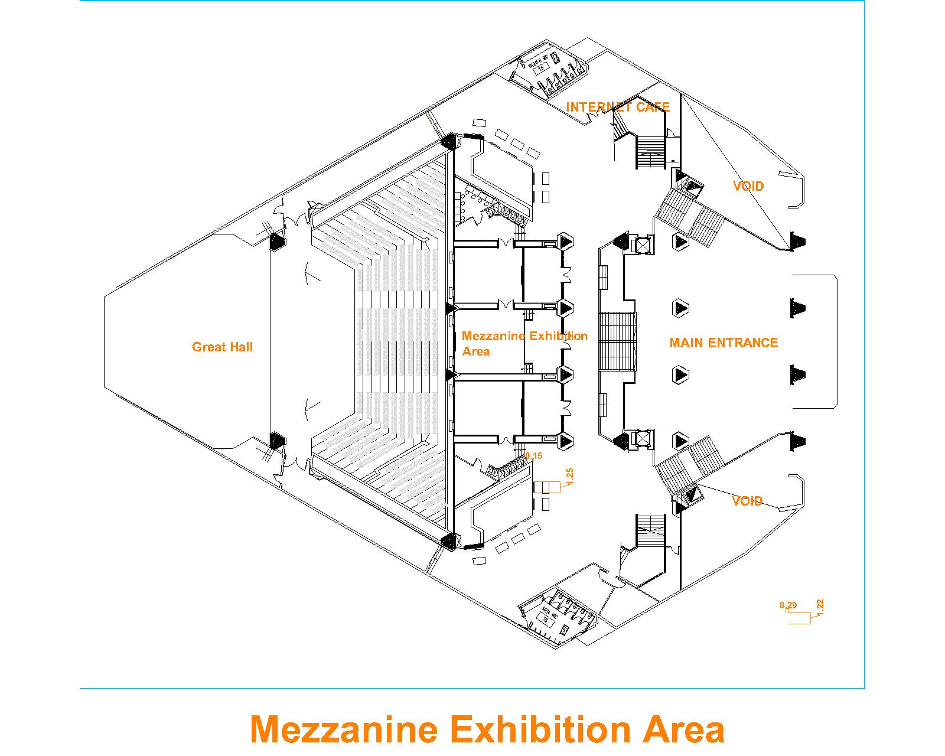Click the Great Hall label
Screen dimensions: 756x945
(222, 347)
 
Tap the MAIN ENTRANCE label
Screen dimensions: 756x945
(724, 343)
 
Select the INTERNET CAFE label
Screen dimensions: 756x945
(618, 107)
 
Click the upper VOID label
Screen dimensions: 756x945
(748, 187)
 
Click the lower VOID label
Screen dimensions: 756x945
(747, 501)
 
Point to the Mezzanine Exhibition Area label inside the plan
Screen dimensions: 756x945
(524, 343)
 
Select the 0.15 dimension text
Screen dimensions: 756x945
(533, 456)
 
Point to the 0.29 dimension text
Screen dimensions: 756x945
(788, 605)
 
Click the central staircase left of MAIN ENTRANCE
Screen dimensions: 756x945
(618, 342)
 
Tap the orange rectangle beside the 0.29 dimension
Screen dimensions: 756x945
(799, 618)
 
